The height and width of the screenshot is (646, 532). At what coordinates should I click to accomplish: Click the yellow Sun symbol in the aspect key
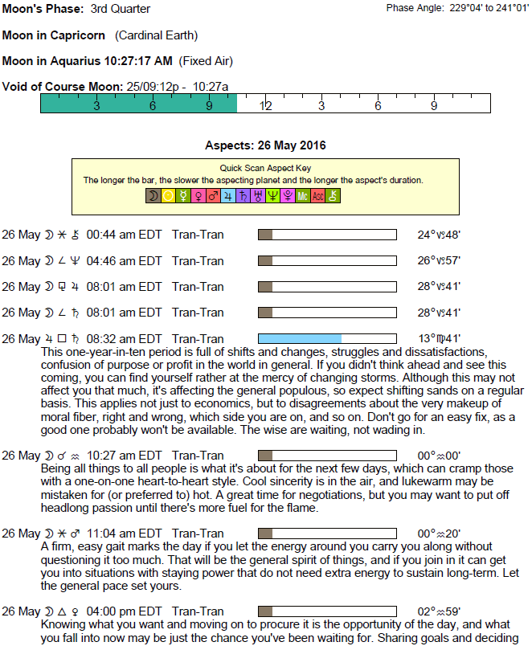click(168, 195)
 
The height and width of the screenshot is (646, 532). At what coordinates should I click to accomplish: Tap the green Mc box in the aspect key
click(302, 195)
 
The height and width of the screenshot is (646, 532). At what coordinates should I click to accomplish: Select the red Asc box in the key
click(317, 195)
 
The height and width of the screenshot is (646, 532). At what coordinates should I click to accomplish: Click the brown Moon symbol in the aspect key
click(153, 195)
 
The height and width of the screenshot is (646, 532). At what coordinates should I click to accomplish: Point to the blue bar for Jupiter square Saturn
click(300, 338)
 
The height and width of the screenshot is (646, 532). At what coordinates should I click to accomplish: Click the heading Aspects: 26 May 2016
click(265, 145)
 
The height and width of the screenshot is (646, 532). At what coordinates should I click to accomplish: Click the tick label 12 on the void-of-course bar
click(265, 106)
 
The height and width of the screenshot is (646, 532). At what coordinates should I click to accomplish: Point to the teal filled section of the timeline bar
click(138, 104)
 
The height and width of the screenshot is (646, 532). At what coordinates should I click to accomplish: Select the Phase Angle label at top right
click(415, 8)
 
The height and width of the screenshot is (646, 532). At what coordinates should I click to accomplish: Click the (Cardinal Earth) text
click(156, 35)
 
